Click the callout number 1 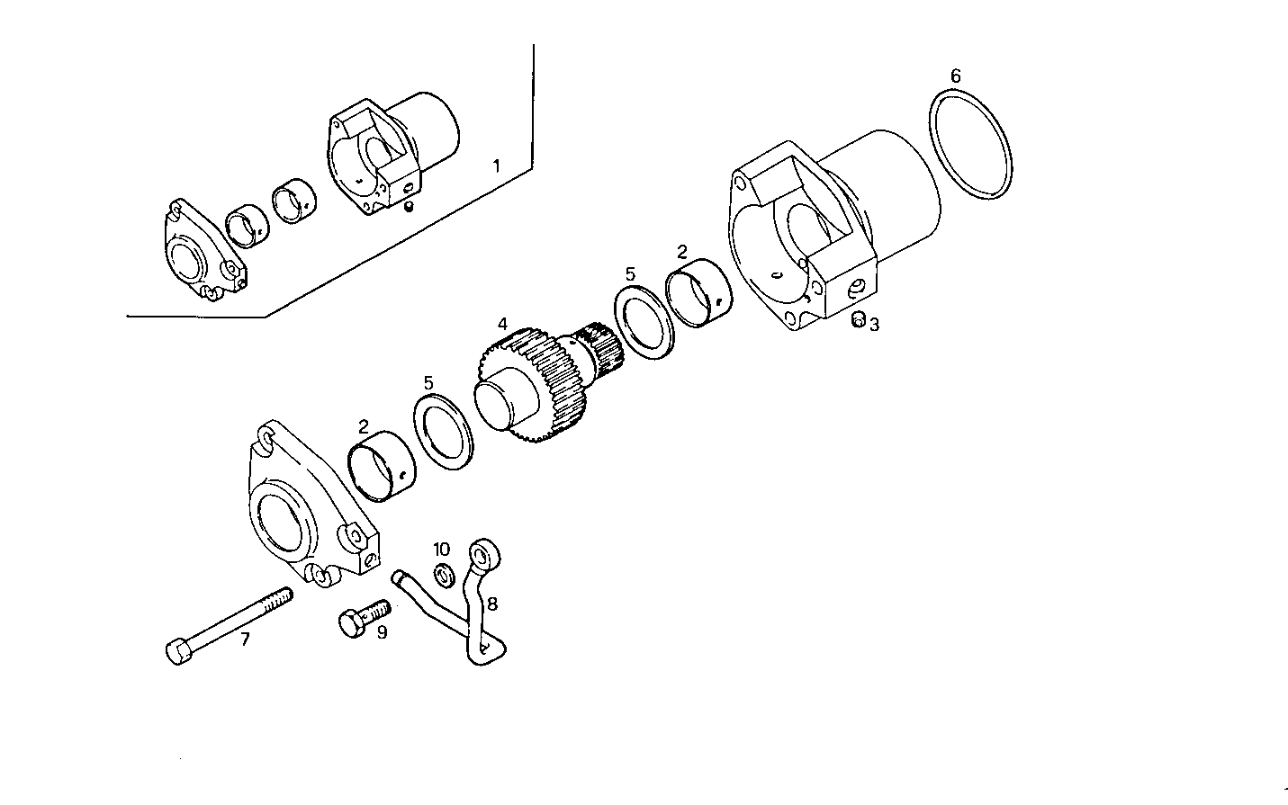(495, 165)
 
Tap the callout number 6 (955, 76)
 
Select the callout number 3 (874, 325)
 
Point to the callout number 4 (502, 323)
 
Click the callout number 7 (243, 640)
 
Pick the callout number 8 (491, 604)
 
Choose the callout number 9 (382, 633)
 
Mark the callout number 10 (441, 550)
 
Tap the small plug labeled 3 (858, 319)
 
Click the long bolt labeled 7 (230, 624)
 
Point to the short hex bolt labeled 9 (364, 618)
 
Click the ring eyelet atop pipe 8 (483, 551)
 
